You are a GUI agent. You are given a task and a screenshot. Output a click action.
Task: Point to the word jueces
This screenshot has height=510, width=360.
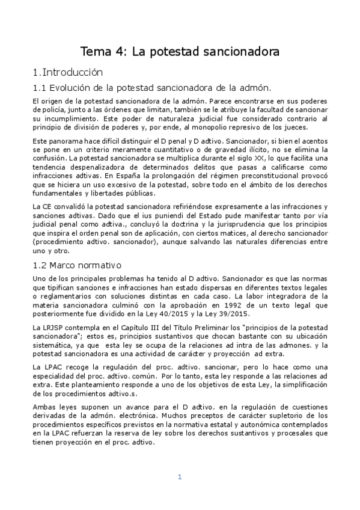point(294,127)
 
